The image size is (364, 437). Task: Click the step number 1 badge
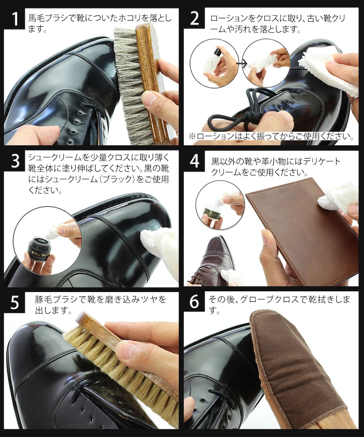15,19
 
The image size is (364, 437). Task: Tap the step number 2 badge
194,19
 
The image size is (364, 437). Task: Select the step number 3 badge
15,161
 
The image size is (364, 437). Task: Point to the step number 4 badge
194,161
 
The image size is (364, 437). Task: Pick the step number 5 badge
15,302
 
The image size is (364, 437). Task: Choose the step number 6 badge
194,302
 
